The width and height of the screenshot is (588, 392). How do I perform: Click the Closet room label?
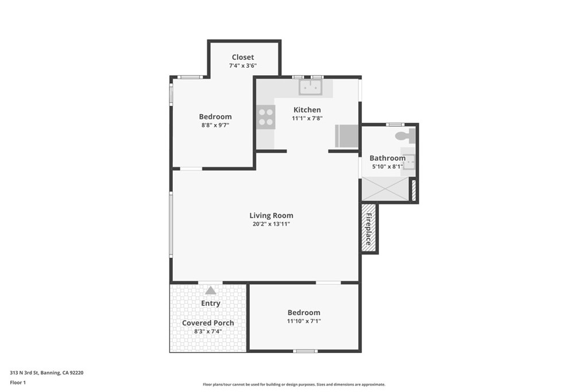243,57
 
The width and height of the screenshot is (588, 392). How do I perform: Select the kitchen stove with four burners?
266,117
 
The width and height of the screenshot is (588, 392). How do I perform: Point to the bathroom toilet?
405,136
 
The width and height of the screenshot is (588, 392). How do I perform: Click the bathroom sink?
408,163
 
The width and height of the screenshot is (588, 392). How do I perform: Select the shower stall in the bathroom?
385,189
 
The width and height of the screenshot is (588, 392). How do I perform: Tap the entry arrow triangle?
211,290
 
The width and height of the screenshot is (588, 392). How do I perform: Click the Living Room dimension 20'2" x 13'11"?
271,224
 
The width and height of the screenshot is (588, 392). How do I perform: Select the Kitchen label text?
307,110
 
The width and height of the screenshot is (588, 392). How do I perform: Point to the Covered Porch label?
208,323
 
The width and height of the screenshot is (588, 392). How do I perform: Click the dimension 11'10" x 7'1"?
304,321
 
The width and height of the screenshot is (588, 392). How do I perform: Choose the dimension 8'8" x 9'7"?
215,125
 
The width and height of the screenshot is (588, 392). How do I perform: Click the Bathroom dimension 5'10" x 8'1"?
388,166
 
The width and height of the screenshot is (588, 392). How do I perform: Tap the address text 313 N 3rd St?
47,372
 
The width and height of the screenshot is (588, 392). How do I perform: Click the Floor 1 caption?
18,382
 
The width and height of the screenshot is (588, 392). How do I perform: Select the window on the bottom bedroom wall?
305,351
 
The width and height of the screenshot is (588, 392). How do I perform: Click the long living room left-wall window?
171,224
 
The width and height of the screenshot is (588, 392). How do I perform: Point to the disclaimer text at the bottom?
293,385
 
